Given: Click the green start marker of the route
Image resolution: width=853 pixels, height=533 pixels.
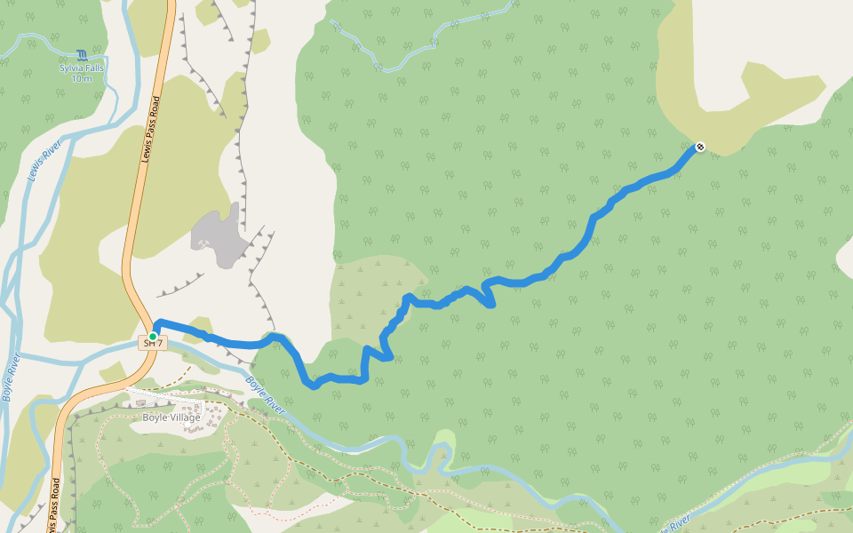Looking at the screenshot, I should tap(153, 337).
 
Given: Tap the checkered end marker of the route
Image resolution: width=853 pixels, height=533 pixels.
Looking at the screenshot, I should tap(700, 147).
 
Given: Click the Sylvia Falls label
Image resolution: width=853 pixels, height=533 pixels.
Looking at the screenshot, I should tap(81, 68).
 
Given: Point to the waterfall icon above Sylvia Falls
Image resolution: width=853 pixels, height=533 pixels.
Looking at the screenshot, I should tap(82, 55).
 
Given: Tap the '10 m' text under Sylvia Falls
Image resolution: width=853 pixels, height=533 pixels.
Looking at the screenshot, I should tap(81, 78).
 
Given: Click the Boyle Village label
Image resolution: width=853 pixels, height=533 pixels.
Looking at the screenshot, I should tap(171, 417).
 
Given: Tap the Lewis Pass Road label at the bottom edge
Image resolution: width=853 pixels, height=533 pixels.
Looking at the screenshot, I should tap(54, 506).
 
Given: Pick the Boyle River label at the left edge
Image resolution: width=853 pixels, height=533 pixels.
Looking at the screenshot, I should tap(12, 378).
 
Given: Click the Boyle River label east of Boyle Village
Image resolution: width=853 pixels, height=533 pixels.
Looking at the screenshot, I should tap(266, 397).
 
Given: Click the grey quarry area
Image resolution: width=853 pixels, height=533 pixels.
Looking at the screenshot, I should tap(218, 233).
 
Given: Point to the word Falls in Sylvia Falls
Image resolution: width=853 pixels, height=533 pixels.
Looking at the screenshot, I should tap(93, 68).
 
